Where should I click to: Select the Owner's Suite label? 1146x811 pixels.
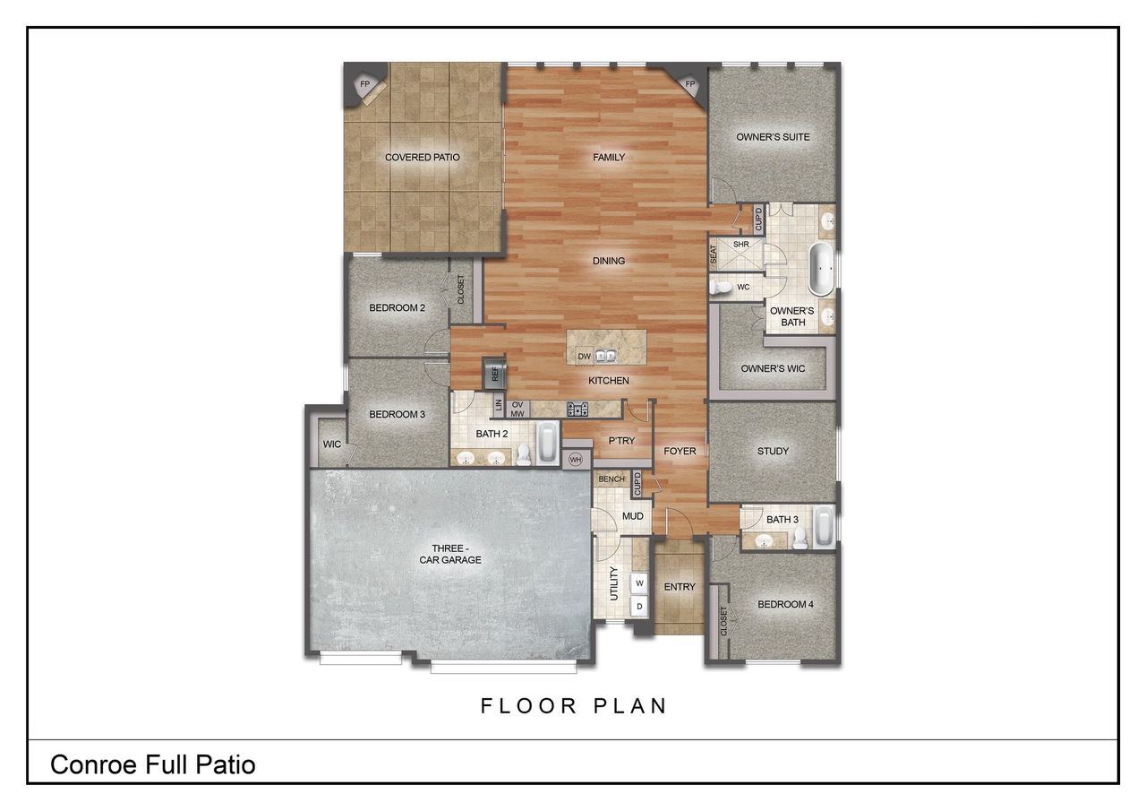(773, 137)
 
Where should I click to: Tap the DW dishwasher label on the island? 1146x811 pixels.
(584, 356)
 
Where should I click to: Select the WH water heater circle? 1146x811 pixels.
(576, 460)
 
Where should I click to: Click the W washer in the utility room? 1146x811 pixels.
(639, 582)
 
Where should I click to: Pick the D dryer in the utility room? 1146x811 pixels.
(639, 607)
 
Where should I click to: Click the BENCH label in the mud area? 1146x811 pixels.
(611, 479)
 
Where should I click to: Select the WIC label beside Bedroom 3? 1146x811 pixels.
(331, 444)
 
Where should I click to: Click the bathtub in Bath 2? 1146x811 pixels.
(547, 442)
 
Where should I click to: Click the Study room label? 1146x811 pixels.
(773, 451)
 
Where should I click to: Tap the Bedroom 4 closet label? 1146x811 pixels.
(723, 621)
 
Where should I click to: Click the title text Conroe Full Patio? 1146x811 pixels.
(153, 764)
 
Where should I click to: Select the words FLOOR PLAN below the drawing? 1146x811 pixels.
(574, 705)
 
